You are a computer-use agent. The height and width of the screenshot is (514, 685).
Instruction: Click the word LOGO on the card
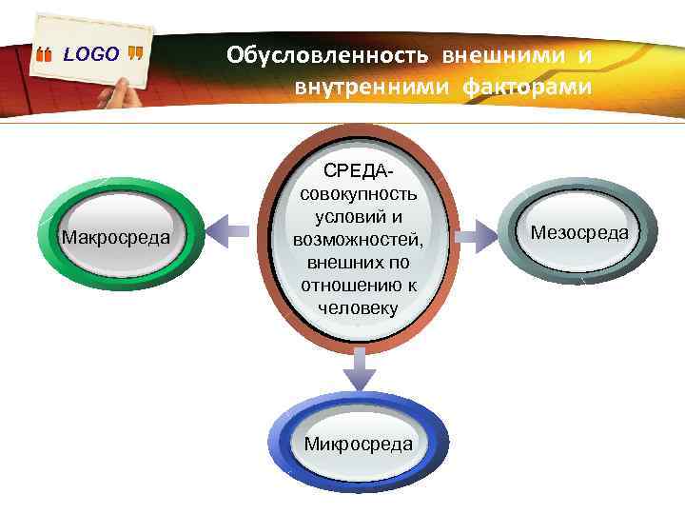coord(91,54)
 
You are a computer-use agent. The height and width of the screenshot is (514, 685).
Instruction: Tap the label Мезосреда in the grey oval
coord(579,231)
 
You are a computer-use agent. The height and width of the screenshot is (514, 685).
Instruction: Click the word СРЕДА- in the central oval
coord(357,171)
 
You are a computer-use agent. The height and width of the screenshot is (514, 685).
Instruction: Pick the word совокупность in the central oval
coord(358,194)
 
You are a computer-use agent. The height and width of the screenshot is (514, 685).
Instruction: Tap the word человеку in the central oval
coord(358,307)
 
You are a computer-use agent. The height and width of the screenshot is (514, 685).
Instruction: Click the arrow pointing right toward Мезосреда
coord(483,229)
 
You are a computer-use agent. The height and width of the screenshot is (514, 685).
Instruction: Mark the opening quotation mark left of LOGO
coord(44,55)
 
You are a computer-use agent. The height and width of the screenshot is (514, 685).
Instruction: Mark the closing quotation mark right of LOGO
coord(136,54)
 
